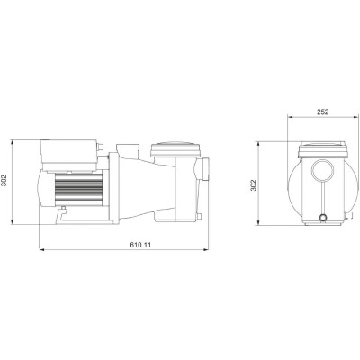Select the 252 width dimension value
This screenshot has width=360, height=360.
[x=321, y=112]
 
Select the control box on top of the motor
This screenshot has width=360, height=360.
[x=68, y=151]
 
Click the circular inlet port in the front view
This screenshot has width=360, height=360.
[x=321, y=170]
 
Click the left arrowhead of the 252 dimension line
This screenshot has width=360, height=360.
[x=291, y=119]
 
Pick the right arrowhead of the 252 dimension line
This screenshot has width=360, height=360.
[x=352, y=119]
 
